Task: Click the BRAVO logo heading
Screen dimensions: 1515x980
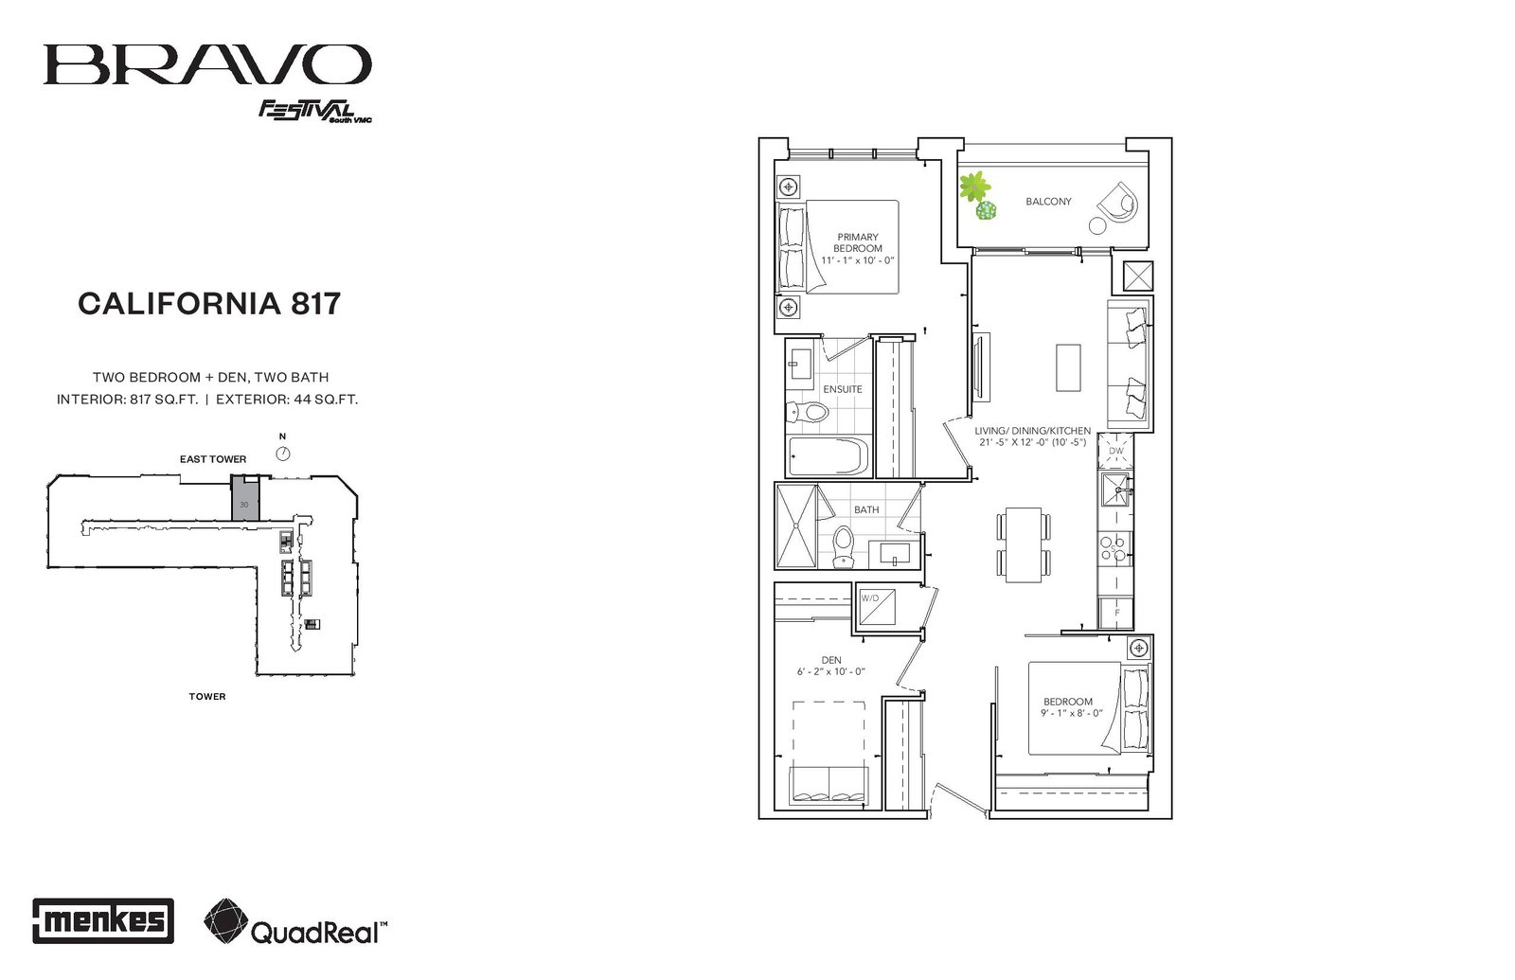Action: [207, 65]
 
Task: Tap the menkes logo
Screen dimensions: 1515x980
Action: [103, 920]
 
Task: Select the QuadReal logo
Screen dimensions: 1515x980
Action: [295, 922]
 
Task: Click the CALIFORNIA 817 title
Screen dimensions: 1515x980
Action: [209, 304]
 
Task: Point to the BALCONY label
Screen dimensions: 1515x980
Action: [1048, 202]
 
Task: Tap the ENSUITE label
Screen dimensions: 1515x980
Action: [842, 389]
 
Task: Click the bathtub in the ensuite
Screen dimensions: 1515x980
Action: [829, 455]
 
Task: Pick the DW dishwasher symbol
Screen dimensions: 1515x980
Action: [1115, 451]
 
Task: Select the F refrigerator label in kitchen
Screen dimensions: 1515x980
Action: [1116, 613]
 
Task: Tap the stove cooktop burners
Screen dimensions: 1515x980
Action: [1114, 548]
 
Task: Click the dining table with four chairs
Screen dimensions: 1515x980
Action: [1024, 544]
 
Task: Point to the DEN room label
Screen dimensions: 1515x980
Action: [831, 660]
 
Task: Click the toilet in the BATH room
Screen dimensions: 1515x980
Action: [843, 545]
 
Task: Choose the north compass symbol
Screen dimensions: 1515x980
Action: [283, 454]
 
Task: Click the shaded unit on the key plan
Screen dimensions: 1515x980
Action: [245, 498]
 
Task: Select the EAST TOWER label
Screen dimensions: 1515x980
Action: [213, 459]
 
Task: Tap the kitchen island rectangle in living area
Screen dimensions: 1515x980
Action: [1069, 367]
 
